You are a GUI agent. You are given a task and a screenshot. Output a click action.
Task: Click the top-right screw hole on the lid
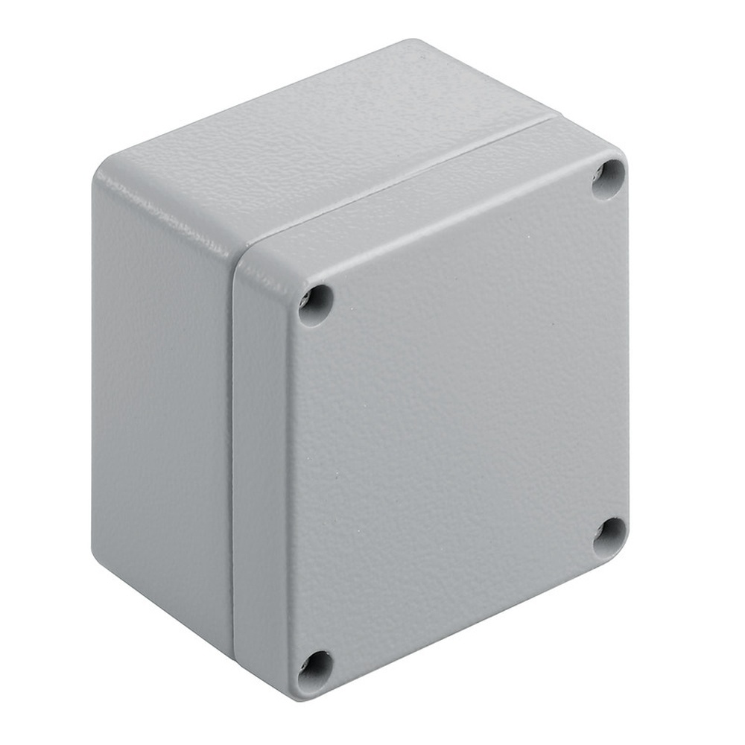[608, 180]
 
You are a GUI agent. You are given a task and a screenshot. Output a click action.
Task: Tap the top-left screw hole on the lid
[315, 305]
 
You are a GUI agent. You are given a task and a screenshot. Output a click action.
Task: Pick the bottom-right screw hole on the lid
[609, 538]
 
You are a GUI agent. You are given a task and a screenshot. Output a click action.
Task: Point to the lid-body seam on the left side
[232, 447]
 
